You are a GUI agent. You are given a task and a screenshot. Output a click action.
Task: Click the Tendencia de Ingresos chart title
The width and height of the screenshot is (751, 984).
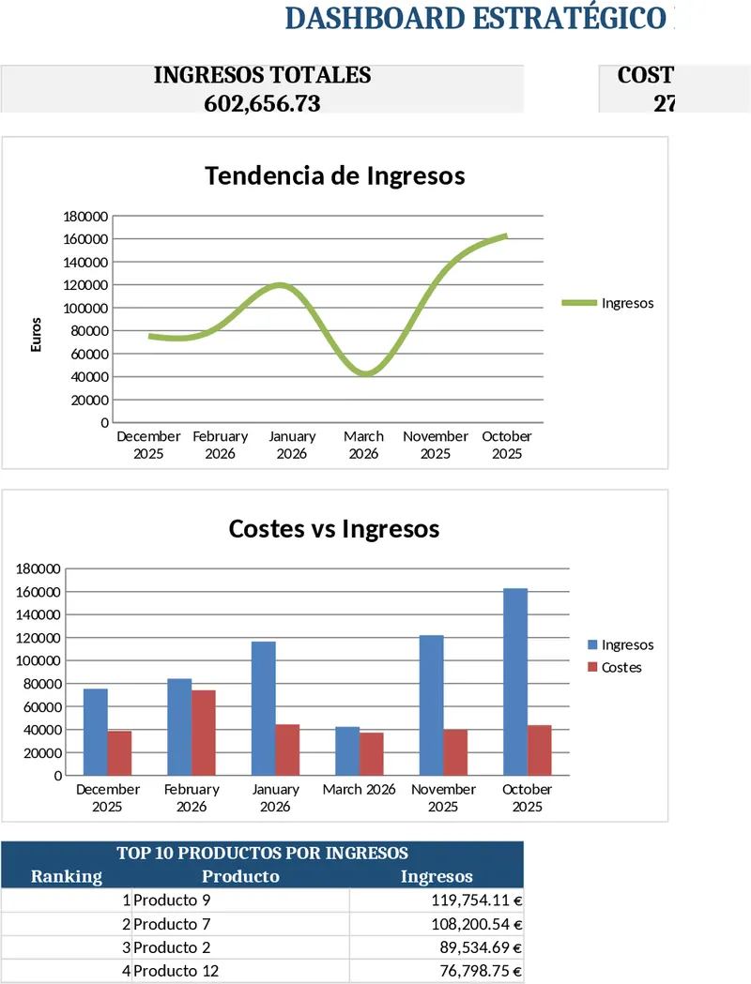click(334, 175)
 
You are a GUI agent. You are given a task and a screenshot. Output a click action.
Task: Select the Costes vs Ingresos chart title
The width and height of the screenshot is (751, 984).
click(334, 528)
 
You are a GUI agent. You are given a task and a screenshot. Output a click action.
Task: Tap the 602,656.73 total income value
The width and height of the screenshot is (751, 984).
click(262, 103)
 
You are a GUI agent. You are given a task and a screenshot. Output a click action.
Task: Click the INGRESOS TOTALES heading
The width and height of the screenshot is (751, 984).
click(262, 75)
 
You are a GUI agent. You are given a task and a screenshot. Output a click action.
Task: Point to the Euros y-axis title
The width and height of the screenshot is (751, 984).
click(37, 335)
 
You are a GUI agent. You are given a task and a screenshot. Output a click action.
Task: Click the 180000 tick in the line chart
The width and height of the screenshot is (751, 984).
click(85, 216)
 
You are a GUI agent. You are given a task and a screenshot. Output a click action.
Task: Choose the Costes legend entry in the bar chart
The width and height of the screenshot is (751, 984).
click(621, 668)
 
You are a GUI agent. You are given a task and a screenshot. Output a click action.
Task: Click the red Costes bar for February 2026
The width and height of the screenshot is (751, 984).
click(204, 733)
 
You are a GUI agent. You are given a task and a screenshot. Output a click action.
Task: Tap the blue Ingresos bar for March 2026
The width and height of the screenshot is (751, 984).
click(347, 750)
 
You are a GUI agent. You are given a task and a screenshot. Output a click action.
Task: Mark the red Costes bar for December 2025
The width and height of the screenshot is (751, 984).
click(119, 753)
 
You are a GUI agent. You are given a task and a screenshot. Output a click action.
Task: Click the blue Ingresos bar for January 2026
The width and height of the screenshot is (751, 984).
click(264, 708)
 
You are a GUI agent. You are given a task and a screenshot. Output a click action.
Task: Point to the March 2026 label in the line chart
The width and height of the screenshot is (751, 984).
click(363, 445)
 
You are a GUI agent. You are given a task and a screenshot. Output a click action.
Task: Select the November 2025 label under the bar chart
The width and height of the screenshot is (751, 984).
click(443, 797)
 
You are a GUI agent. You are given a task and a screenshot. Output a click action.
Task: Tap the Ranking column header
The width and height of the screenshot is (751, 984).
click(67, 876)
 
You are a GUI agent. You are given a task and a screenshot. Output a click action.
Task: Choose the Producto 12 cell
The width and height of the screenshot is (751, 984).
click(176, 971)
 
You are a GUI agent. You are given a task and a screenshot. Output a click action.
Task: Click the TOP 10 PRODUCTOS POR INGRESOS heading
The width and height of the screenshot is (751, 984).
click(262, 853)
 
